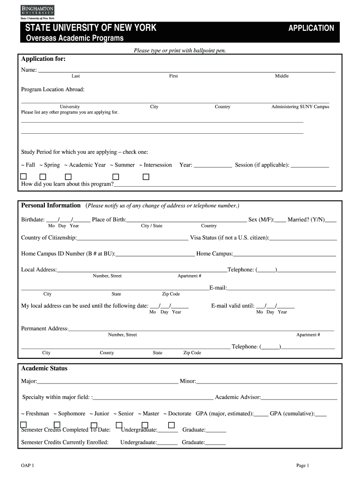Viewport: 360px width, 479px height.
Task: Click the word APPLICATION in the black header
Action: tap(311, 28)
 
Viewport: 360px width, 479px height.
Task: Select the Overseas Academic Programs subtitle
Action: tap(74, 38)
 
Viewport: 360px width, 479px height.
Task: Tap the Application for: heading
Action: tap(43, 59)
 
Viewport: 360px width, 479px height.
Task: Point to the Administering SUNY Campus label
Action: tap(300, 107)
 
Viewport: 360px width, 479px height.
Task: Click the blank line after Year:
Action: tap(213, 166)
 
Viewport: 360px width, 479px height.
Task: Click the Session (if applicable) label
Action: tap(262, 165)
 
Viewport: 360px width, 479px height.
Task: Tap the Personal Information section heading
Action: tap(51, 205)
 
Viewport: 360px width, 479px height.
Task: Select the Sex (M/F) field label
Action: tap(261, 219)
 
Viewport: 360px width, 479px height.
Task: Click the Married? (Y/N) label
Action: tap(306, 219)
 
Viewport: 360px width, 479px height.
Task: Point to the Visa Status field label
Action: tap(229, 238)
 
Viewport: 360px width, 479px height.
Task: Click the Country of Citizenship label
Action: tap(49, 238)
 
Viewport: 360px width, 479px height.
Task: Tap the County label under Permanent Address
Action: tap(107, 353)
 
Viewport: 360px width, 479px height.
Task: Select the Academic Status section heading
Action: tap(44, 369)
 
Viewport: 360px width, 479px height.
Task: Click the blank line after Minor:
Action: tap(266, 382)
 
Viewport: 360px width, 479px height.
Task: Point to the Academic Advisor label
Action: tap(238, 397)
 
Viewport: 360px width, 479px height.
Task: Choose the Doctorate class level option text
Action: tap(179, 414)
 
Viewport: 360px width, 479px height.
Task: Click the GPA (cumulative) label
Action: tap(292, 414)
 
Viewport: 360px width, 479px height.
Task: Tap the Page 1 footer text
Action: tap(302, 465)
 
